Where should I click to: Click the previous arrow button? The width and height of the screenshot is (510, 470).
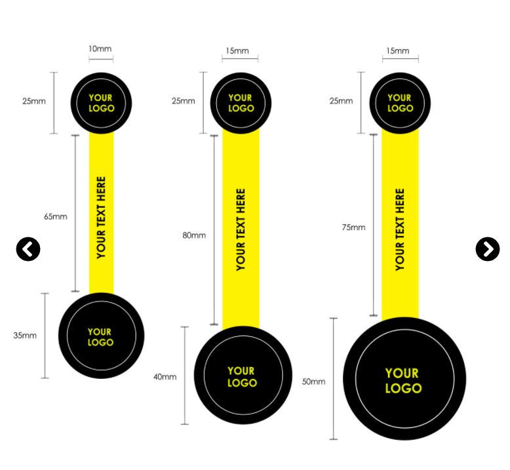tap(28, 249)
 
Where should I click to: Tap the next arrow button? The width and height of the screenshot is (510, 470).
tap(487, 249)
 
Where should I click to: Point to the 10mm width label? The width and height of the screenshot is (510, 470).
tap(100, 49)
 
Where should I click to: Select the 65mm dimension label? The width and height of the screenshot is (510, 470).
tap(56, 216)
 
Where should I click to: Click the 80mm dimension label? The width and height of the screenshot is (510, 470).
tap(194, 235)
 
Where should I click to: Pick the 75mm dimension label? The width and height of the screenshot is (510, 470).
tap(353, 227)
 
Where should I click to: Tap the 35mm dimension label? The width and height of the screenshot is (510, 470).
tap(25, 335)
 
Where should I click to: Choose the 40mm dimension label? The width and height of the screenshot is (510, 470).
tap(165, 376)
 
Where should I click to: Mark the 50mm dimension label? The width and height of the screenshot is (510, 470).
tap(313, 381)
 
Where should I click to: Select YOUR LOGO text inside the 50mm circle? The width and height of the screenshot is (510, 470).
tap(403, 381)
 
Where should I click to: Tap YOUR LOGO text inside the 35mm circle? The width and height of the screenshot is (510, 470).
tap(100, 337)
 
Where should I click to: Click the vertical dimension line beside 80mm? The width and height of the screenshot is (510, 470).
tap(214, 229)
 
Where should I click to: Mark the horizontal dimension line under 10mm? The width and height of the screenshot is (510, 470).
tap(101, 60)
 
